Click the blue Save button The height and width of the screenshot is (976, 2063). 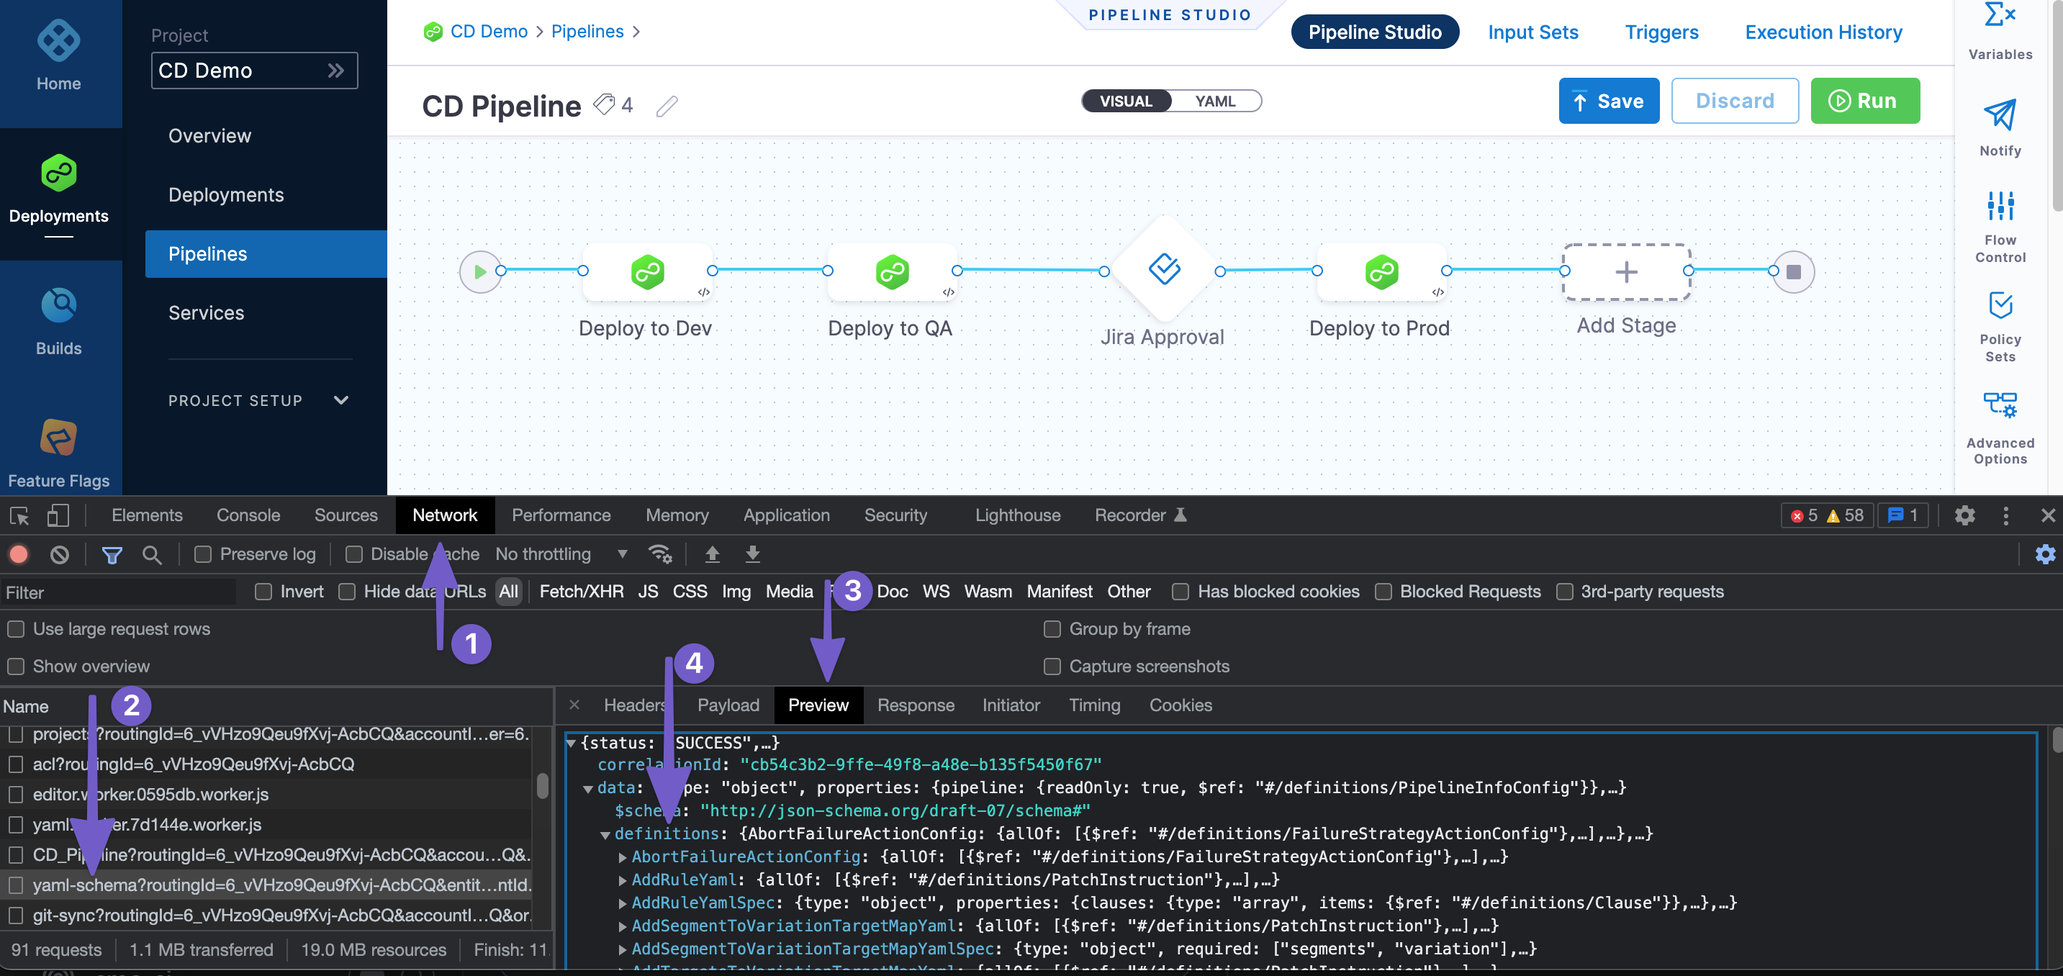tap(1608, 101)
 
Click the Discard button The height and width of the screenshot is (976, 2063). tap(1734, 101)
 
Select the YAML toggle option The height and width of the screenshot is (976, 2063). tap(1214, 101)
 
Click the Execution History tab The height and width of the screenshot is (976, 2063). tap(1823, 32)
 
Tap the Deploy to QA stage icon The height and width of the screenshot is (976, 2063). tap(891, 272)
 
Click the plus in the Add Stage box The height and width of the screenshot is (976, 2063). tap(1626, 272)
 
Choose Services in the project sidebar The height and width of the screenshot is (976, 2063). tap(206, 313)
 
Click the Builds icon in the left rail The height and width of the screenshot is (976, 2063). tap(58, 306)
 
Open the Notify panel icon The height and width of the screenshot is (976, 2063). tap(1999, 116)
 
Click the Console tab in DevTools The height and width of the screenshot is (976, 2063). tap(248, 515)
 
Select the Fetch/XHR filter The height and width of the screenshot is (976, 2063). tap(581, 592)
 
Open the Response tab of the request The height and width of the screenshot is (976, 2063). tap(916, 705)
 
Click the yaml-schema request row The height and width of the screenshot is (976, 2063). tap(280, 885)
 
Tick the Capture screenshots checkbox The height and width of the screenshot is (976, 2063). tap(1052, 667)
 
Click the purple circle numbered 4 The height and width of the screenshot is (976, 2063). tap(693, 663)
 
